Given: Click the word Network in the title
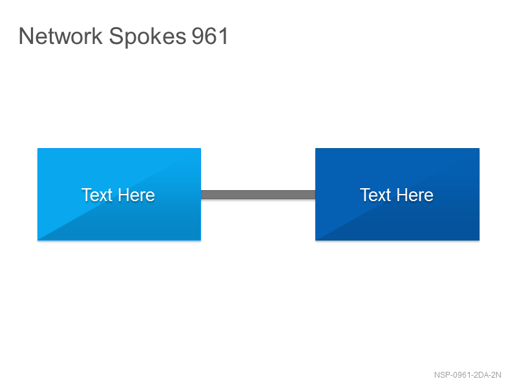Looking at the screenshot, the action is coord(61,36).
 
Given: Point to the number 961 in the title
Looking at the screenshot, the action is coord(210,36).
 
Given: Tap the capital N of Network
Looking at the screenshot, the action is coord(25,36).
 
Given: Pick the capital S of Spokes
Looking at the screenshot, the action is coord(116,36).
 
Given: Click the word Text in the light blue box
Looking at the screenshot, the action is coord(97,195).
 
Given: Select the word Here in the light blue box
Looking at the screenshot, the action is coord(136,195).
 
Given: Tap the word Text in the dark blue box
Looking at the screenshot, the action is coord(375,195).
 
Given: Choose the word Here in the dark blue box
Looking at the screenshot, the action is coord(415,195).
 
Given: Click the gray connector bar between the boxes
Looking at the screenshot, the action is coord(258,195).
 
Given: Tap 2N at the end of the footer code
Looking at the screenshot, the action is coord(496,375).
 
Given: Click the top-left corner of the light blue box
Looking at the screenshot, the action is coord(37,149).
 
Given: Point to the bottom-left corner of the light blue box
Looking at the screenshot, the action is coord(37,240).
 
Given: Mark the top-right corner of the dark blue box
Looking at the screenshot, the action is coord(480,149).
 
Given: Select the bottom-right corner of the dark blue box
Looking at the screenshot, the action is coord(480,240).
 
